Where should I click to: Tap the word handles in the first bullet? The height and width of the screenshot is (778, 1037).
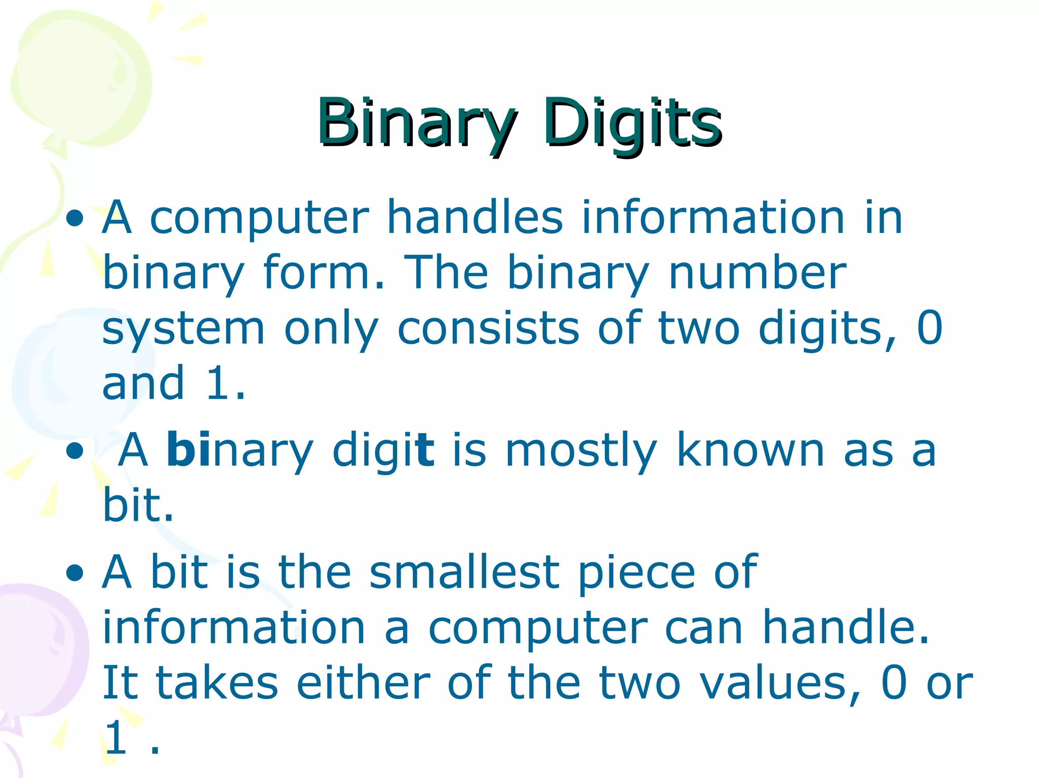coord(474,218)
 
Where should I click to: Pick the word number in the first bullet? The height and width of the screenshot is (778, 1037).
coord(757,274)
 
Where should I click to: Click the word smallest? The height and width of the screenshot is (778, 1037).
coord(464,572)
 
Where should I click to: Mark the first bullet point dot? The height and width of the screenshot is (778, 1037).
coord(75,219)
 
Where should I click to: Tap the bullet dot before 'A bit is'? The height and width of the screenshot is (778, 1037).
coord(75,573)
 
